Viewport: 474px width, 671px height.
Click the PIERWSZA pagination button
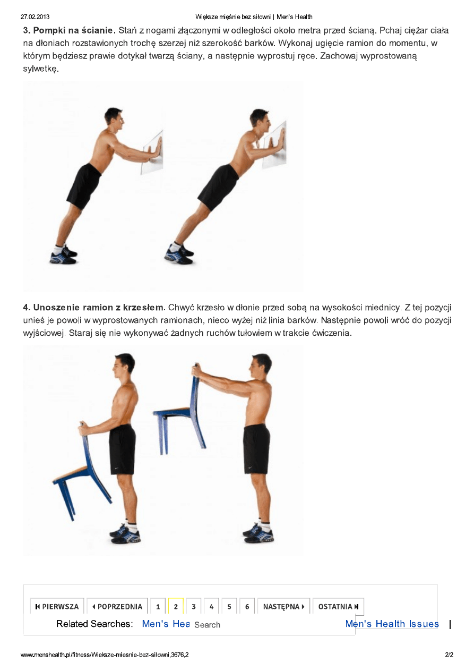57,607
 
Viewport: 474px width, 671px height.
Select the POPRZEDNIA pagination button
117,607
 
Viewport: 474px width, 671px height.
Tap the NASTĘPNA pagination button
283,607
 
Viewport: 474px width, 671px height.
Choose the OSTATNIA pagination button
338,607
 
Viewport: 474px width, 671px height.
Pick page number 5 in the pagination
229,607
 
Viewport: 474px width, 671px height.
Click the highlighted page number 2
176,607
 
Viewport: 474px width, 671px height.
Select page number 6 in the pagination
247,607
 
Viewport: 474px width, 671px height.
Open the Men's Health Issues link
392,624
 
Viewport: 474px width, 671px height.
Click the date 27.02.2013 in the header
35,17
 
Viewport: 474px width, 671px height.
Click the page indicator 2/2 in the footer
449,655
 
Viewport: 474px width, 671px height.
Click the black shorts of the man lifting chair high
256,449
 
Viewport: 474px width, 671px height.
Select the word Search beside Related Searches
207,625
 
